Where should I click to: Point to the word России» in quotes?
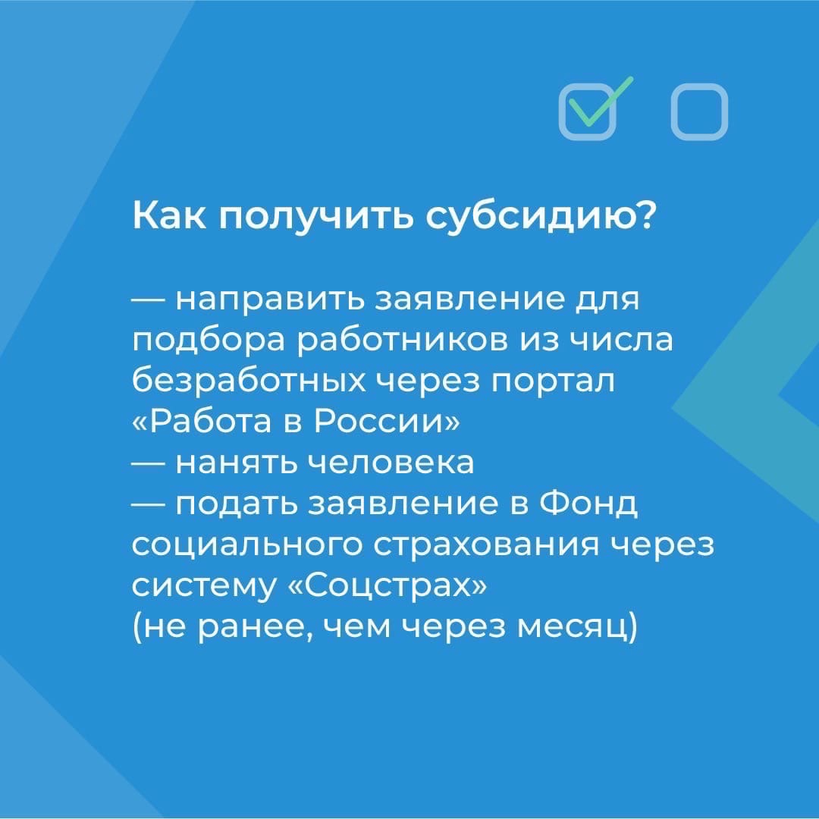tap(387, 422)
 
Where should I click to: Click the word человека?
tap(393, 463)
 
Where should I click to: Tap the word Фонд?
tap(588, 505)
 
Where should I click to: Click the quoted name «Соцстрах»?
tap(387, 585)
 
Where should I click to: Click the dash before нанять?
tap(149, 463)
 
